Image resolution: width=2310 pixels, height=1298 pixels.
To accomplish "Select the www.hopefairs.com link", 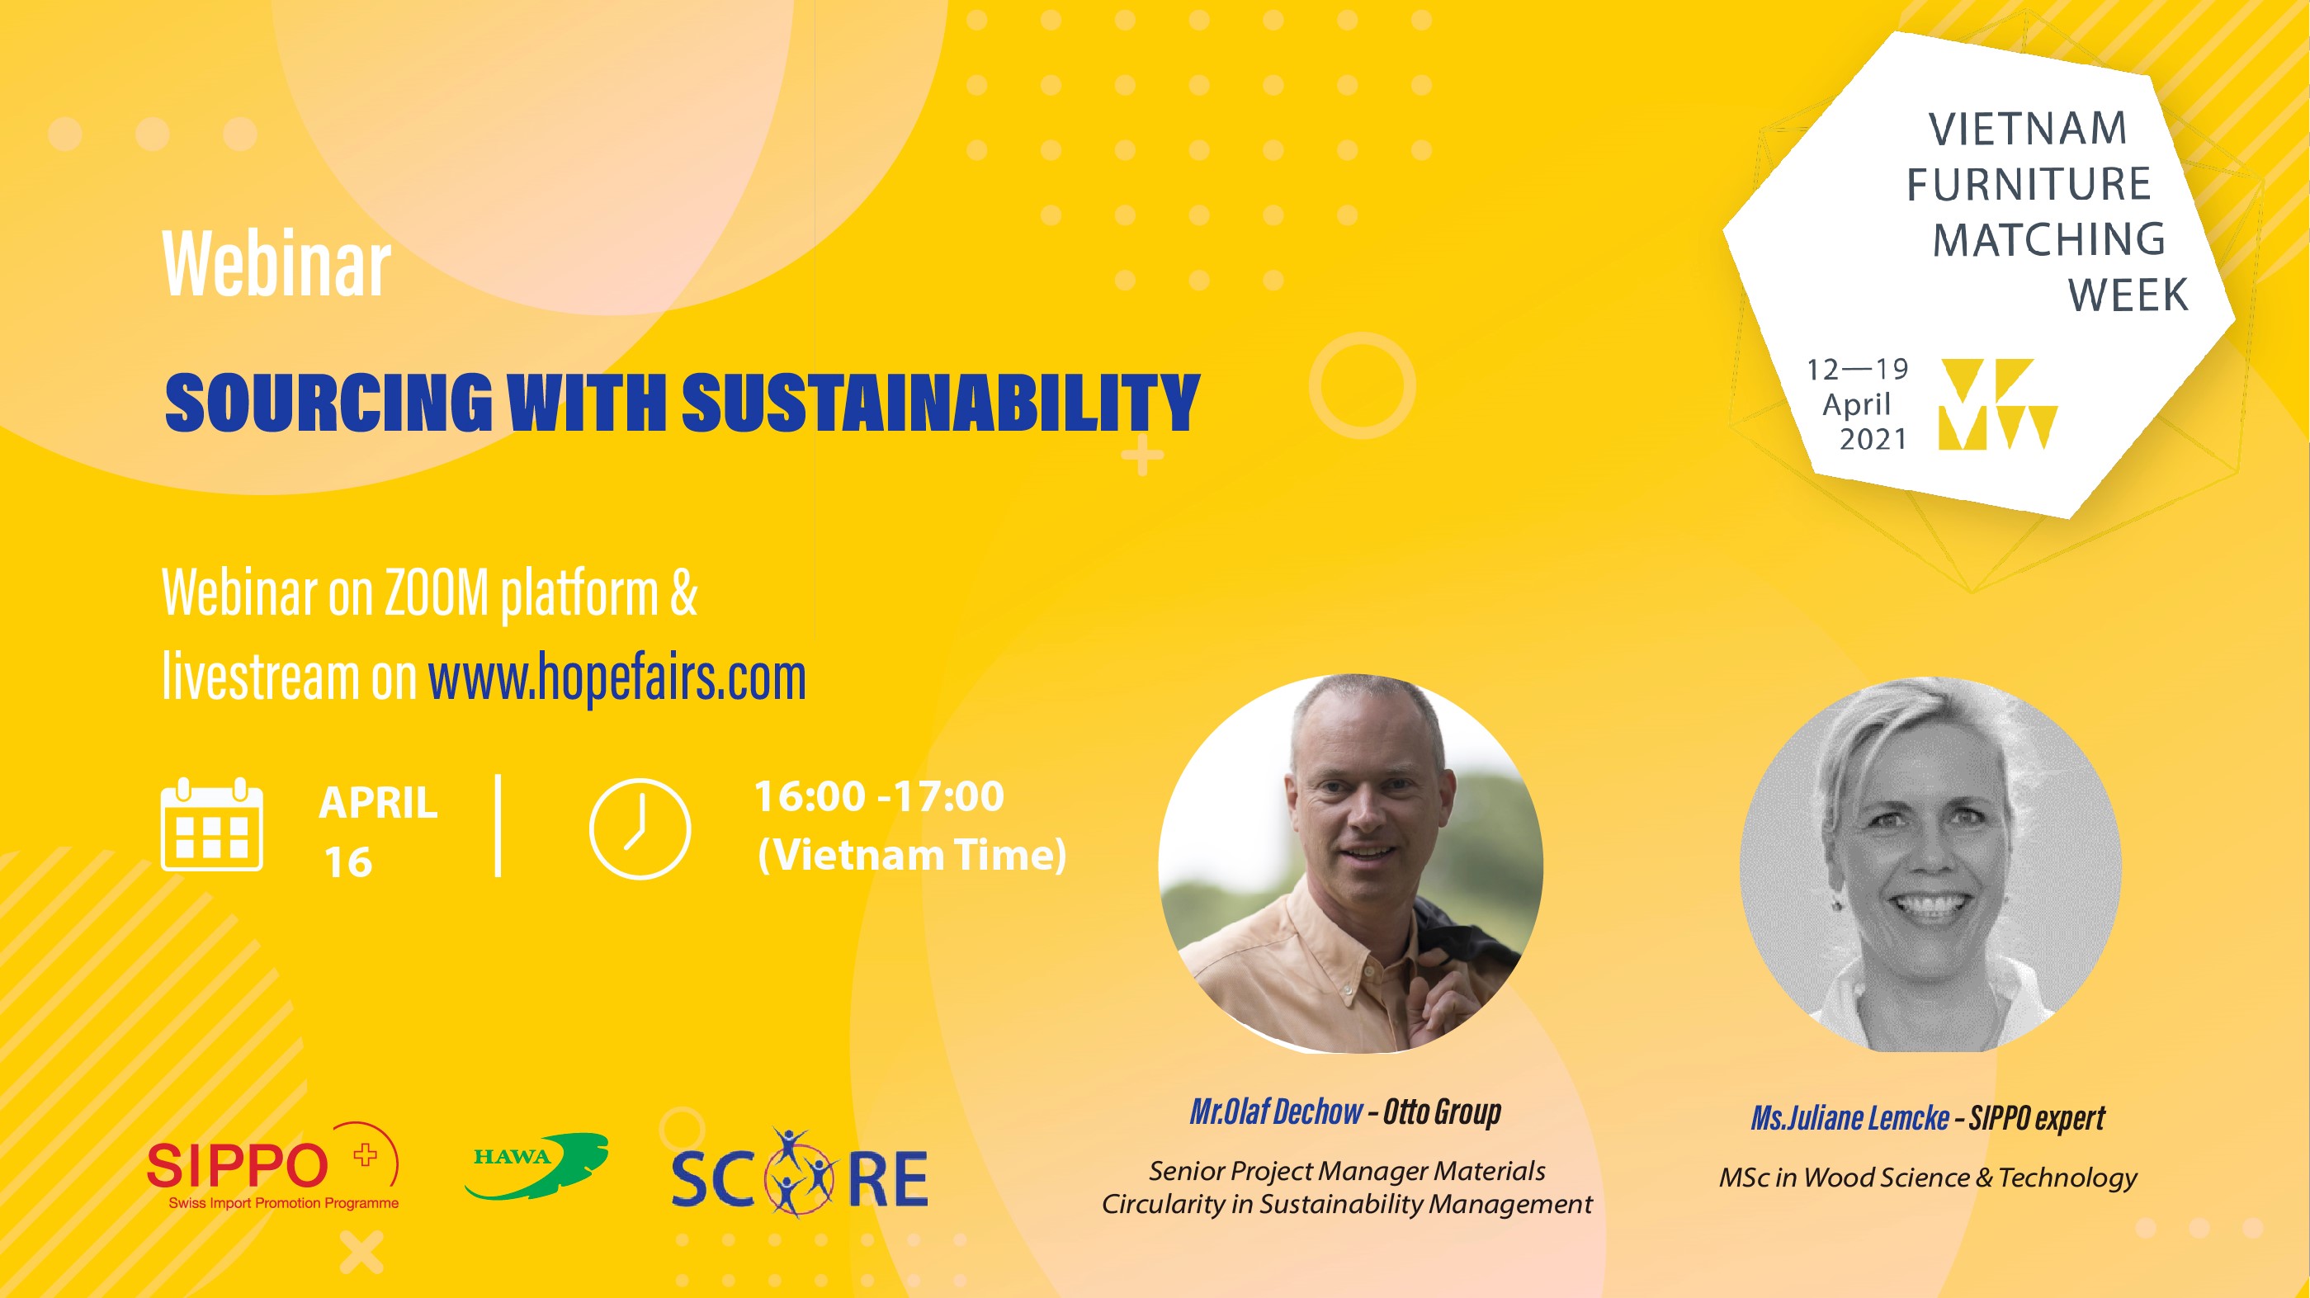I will point(617,677).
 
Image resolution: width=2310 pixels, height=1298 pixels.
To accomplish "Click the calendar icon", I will point(211,824).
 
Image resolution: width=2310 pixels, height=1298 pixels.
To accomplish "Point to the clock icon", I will point(640,828).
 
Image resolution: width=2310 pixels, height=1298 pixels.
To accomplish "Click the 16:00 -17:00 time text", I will point(879,797).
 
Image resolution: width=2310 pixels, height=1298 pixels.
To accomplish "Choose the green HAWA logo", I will point(536,1165).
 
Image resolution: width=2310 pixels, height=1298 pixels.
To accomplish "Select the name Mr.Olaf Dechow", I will point(1275,1112).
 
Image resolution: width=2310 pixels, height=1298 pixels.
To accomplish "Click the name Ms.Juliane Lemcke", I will point(1849,1118).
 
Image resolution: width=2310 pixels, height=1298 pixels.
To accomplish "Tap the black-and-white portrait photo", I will point(1930,865).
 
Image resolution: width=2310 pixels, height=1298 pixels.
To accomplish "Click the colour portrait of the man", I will point(1350,863).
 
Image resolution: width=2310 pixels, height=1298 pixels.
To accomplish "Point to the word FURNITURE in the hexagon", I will point(2029,185).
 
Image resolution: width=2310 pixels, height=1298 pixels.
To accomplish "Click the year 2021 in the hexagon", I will point(1873,439).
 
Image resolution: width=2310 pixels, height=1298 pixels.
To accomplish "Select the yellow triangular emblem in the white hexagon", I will point(1997,404).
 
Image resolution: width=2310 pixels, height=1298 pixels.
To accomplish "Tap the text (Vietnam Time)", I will point(912,854).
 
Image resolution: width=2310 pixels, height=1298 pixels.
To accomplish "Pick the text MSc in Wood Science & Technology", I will point(1928,1177).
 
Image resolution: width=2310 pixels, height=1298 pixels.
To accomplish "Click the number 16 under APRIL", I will point(348,862).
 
